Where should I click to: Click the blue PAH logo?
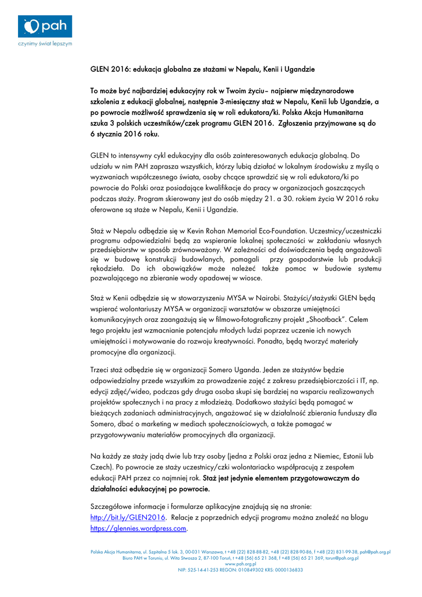click(45, 27)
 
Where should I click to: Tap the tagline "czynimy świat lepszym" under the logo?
click(45, 44)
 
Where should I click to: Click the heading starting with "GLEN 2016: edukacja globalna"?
click(202, 69)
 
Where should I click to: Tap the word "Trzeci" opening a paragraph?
click(101, 370)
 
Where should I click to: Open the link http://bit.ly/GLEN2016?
click(128, 517)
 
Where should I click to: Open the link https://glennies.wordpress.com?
click(138, 528)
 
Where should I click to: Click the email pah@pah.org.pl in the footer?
click(375, 552)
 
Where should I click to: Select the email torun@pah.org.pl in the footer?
click(342, 558)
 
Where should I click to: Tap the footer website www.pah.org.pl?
click(241, 564)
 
